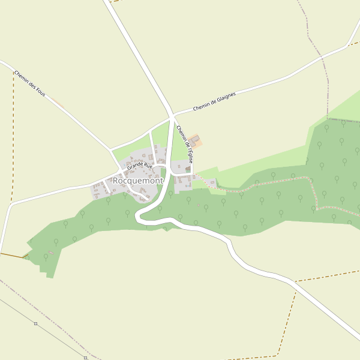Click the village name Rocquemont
(x=138, y=180)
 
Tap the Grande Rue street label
(x=139, y=164)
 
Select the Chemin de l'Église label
(x=185, y=145)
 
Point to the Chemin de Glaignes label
(x=214, y=101)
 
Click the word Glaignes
(x=225, y=97)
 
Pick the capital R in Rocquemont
(x=116, y=180)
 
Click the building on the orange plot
(x=195, y=140)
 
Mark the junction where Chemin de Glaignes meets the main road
(x=172, y=115)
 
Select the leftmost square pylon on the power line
(x=35, y=324)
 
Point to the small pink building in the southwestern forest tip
(x=50, y=252)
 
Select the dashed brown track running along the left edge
(x=13, y=150)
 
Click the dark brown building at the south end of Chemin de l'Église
(x=188, y=170)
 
